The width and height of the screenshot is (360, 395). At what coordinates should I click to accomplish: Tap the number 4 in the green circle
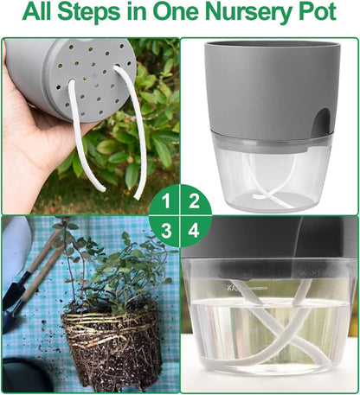[x=195, y=231]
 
